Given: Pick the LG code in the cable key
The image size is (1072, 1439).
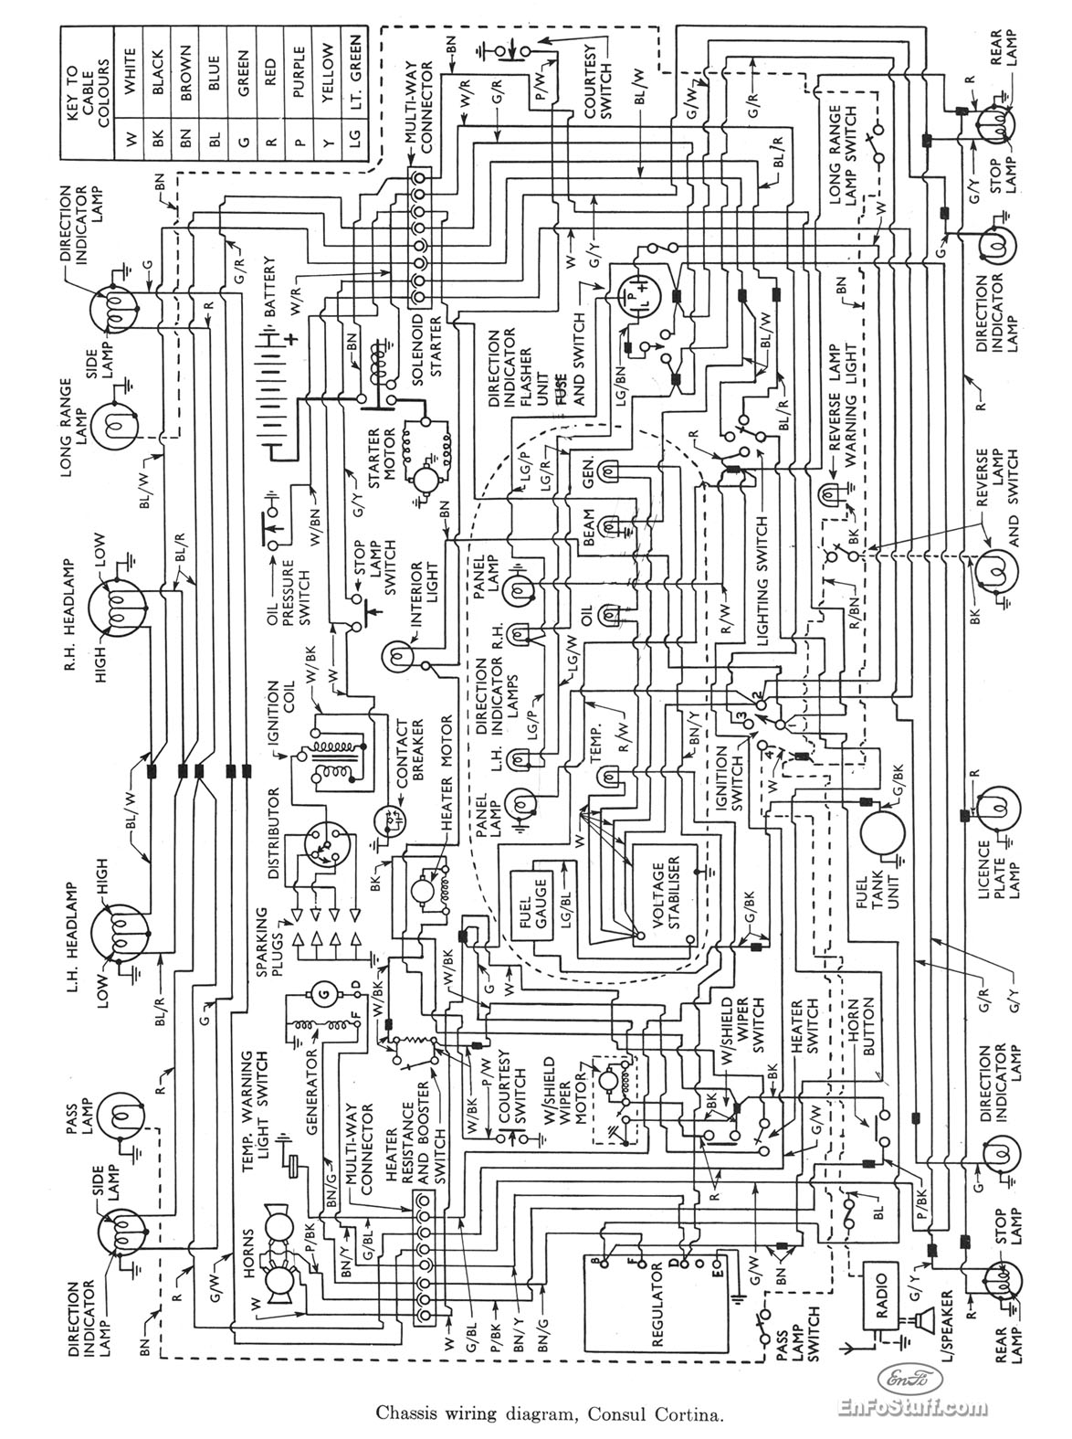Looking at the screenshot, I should (x=355, y=144).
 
